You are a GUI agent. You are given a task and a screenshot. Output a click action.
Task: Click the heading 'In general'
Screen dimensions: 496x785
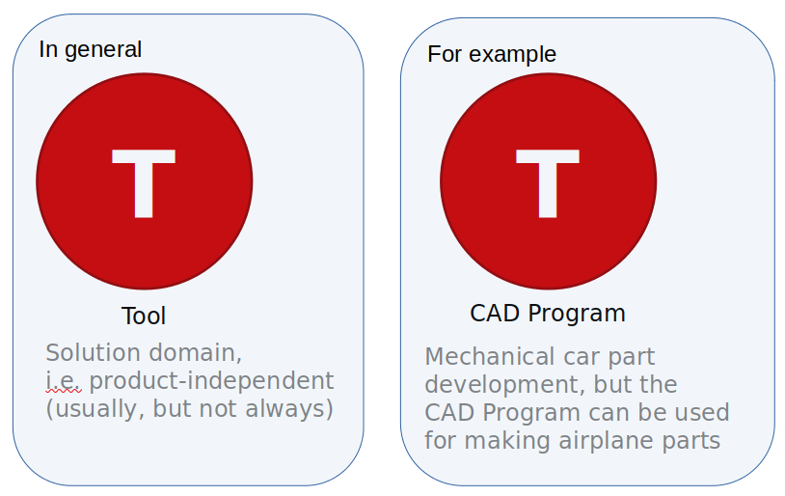click(x=91, y=49)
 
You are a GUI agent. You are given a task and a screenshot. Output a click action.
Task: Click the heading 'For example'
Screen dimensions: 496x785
click(x=492, y=54)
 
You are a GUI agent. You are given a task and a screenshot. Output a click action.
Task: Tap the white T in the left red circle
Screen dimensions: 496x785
click(x=145, y=182)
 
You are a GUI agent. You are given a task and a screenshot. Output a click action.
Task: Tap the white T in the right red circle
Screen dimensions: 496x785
click(x=549, y=182)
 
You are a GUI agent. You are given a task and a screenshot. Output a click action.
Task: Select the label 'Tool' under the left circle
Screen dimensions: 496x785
click(x=144, y=316)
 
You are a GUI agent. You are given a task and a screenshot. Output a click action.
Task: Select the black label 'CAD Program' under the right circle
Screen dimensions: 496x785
click(x=548, y=314)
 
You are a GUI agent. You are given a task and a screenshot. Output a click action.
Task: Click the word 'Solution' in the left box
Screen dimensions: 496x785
click(x=90, y=352)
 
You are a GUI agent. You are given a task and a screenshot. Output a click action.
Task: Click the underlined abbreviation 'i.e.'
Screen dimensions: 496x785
click(x=64, y=380)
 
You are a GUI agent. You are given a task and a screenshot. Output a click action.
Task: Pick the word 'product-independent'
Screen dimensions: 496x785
click(x=212, y=380)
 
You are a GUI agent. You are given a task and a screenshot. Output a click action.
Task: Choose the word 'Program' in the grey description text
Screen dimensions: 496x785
click(x=522, y=413)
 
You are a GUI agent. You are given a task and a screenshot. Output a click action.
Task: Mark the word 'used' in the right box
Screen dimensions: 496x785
click(x=702, y=413)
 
